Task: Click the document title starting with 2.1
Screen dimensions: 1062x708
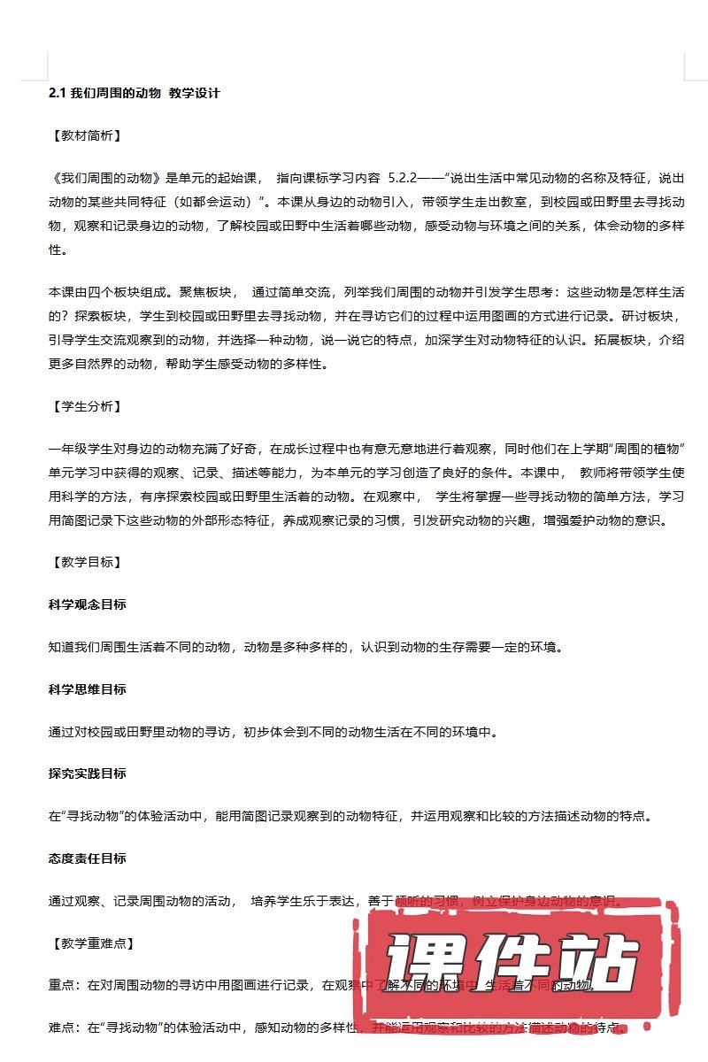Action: click(134, 93)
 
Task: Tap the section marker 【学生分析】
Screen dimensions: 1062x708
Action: click(85, 406)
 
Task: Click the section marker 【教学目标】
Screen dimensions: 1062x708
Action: click(85, 562)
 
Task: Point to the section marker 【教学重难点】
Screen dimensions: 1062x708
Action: click(91, 943)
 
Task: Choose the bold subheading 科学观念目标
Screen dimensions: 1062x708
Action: click(87, 604)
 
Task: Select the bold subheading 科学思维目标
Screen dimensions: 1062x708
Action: click(87, 689)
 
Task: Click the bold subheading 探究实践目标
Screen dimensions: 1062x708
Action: click(87, 773)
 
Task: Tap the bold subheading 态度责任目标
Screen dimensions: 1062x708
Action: click(87, 858)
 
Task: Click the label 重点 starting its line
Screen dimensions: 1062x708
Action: click(61, 985)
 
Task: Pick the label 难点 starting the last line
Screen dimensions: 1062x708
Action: click(61, 1027)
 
